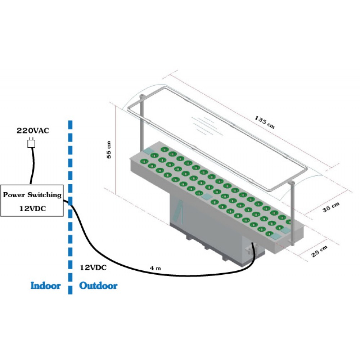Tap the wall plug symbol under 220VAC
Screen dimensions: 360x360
tap(31, 143)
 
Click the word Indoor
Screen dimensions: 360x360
tap(45, 286)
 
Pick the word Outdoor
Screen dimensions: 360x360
tap(98, 286)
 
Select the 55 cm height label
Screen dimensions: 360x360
tap(110, 149)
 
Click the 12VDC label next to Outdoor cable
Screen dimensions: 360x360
tap(93, 268)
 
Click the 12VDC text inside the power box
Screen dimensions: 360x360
tap(32, 208)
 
